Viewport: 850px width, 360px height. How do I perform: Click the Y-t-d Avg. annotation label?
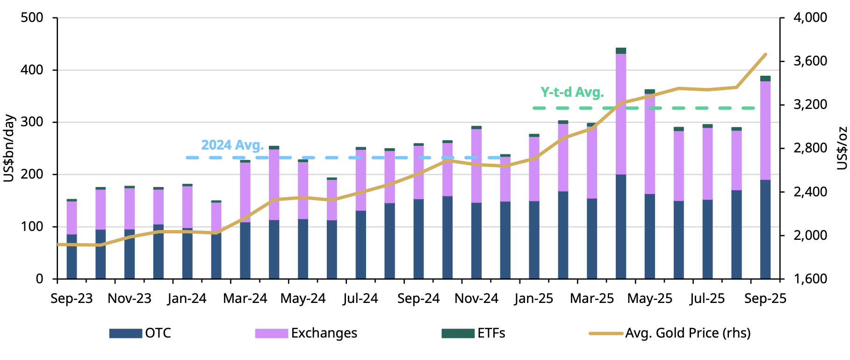click(572, 92)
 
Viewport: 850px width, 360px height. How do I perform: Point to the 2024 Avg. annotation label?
click(232, 145)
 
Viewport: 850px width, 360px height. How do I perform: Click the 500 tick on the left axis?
click(32, 18)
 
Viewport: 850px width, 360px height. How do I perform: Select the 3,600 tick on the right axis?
click(810, 61)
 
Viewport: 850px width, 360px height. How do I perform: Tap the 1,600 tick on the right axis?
click(810, 279)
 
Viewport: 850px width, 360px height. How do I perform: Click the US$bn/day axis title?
click(9, 148)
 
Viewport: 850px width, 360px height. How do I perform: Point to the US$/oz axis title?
click(842, 148)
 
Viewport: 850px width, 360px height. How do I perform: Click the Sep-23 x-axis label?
click(72, 298)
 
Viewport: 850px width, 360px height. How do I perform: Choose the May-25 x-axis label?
click(649, 298)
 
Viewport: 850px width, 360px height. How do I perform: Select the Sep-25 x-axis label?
click(765, 298)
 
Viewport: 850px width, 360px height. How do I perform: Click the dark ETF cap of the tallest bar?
click(621, 50)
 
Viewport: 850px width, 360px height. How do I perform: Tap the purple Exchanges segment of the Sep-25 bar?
click(765, 130)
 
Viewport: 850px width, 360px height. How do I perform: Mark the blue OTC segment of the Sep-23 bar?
click(72, 256)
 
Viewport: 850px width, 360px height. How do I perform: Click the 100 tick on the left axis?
click(32, 227)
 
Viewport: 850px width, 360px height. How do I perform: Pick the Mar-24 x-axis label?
click(245, 298)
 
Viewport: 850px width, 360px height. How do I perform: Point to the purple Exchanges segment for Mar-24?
click(245, 192)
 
